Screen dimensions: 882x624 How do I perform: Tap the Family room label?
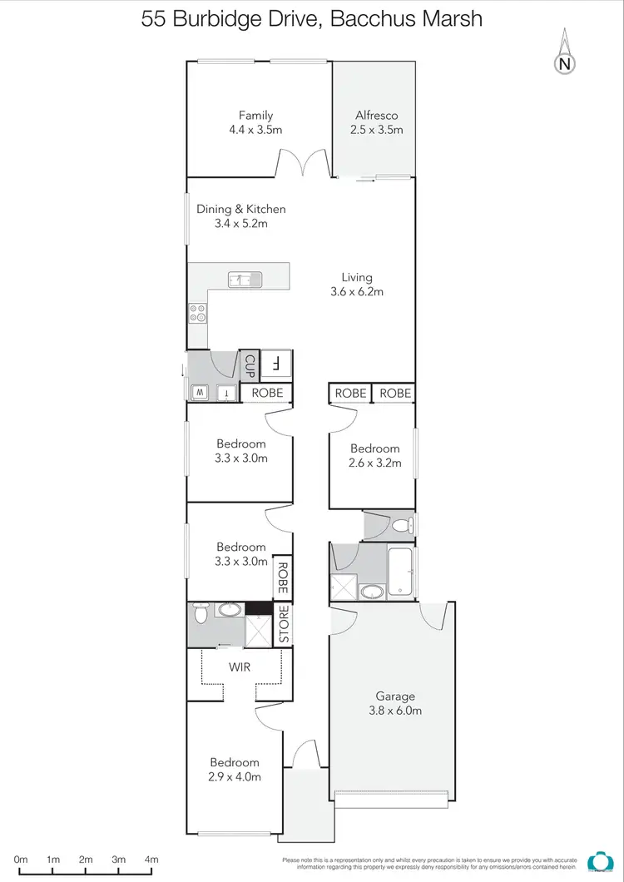tap(255, 116)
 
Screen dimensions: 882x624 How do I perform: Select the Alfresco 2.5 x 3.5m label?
tap(379, 122)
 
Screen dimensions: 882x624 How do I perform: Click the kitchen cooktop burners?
tap(198, 313)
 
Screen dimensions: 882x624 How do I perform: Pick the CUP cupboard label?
tap(250, 364)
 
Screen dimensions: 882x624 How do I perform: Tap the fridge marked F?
tap(275, 364)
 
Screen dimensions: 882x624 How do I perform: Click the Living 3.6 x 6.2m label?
tap(357, 285)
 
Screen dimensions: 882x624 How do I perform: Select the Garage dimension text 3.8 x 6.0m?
tap(394, 711)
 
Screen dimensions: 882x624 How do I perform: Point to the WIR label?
tap(240, 666)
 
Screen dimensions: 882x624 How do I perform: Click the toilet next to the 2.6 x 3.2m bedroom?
tap(401, 525)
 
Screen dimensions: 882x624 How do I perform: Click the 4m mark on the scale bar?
tap(151, 860)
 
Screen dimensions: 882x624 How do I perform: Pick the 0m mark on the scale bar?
tap(21, 860)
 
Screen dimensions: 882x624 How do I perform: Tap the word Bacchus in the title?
tap(367, 18)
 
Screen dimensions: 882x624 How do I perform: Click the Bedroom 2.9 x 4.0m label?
tap(235, 769)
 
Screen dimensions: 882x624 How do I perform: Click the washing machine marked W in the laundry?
tap(201, 392)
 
